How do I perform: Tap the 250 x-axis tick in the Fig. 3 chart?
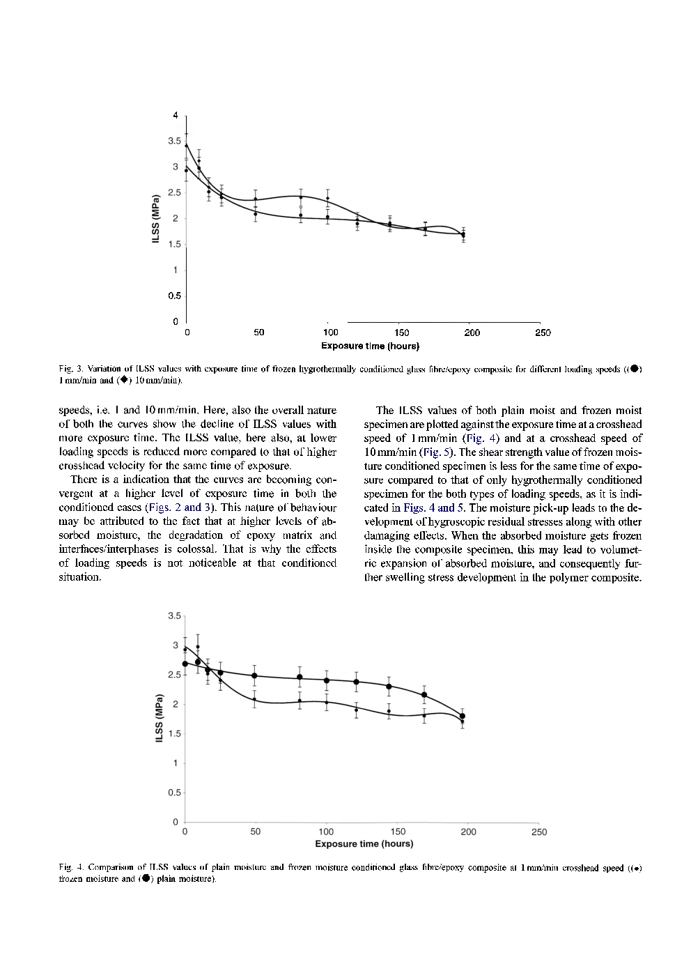(543, 333)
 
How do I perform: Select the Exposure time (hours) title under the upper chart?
(370, 346)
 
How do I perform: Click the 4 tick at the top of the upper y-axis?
(176, 115)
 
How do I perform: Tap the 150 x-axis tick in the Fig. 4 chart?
(398, 832)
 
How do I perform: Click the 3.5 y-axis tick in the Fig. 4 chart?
(173, 616)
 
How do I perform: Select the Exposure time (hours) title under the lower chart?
(364, 844)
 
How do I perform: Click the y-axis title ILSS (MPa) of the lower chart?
(159, 718)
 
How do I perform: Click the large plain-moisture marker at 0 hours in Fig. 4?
(185, 664)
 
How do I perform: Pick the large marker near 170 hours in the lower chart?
(424, 695)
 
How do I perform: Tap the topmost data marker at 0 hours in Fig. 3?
(186, 145)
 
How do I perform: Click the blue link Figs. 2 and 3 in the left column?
(180, 507)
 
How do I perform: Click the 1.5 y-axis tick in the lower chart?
(173, 734)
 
